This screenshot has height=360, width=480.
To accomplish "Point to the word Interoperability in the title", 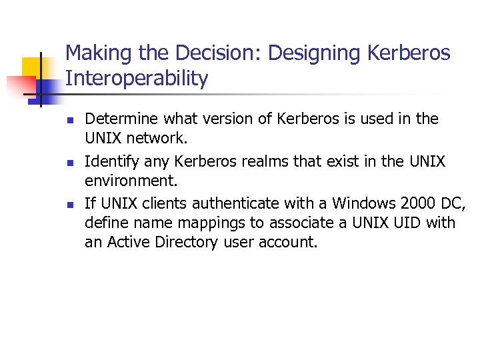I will (137, 79).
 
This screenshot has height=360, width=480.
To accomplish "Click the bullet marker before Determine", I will (69, 121).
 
